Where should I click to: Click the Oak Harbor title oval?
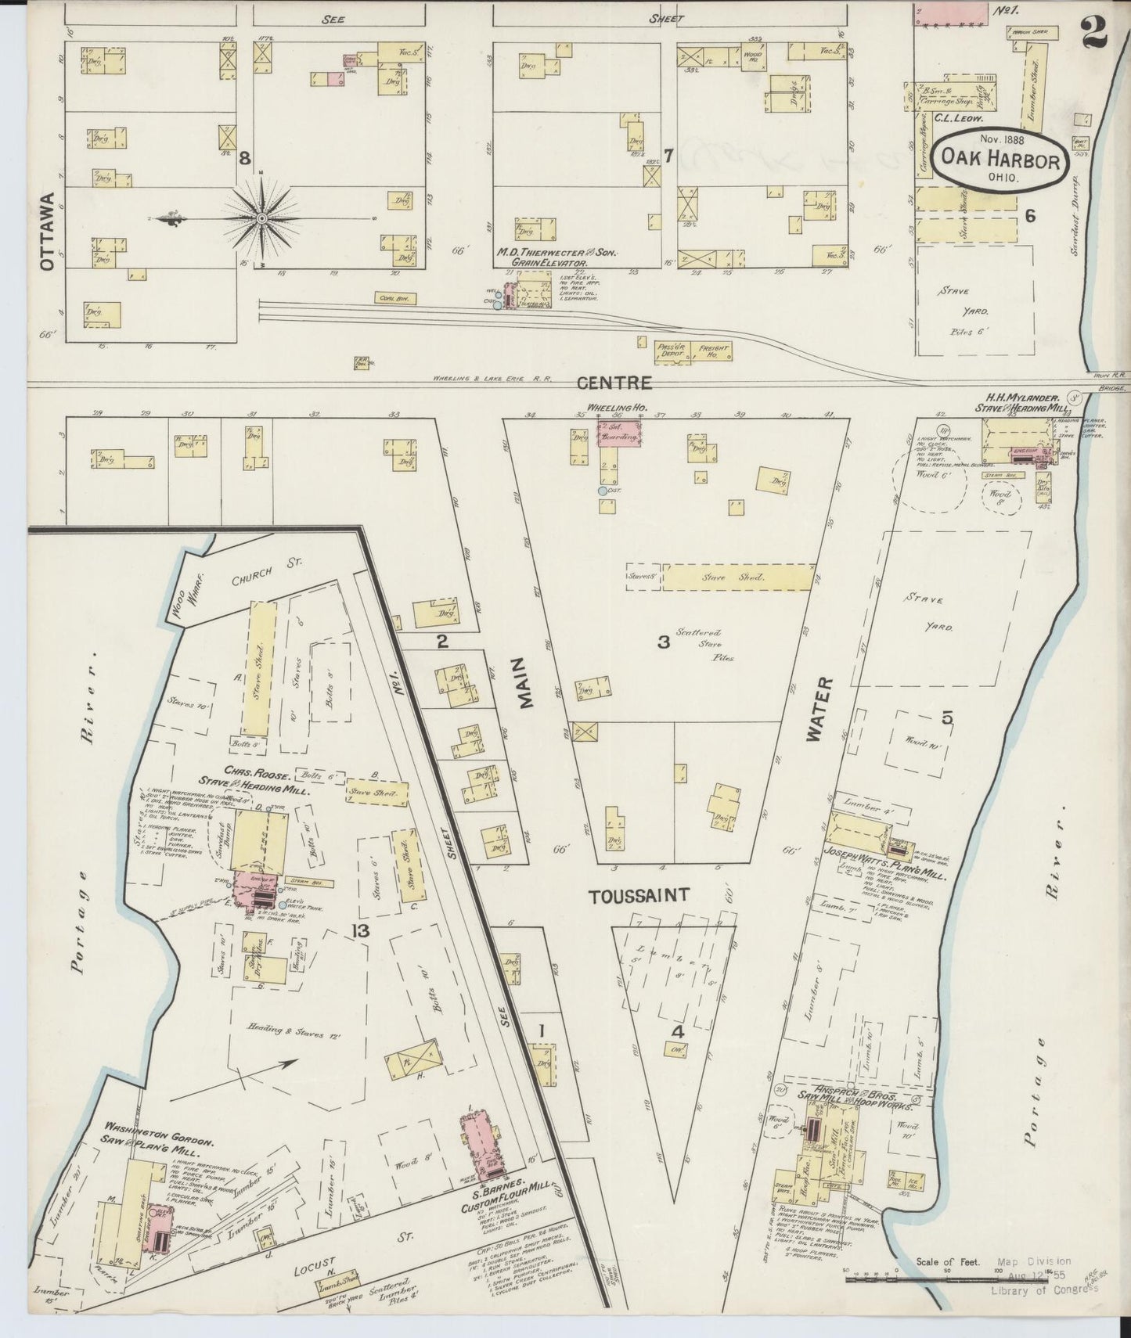point(1000,161)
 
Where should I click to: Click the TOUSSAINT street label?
point(639,895)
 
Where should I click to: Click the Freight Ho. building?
point(713,352)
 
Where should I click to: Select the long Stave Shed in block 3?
point(737,577)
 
